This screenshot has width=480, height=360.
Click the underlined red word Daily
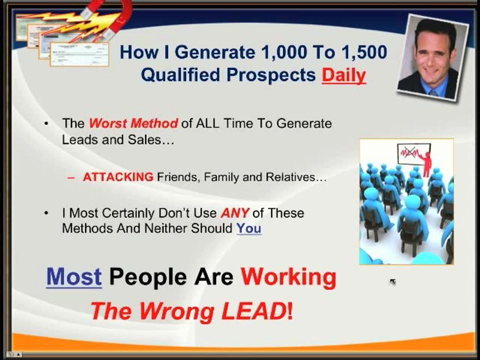pyautogui.click(x=343, y=75)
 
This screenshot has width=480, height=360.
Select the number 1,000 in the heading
pyautogui.click(x=283, y=52)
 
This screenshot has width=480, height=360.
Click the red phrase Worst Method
pyautogui.click(x=133, y=123)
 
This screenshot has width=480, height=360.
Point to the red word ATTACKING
pyautogui.click(x=118, y=177)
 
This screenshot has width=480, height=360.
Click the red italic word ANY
pyautogui.click(x=235, y=213)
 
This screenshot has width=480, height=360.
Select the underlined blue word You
pyautogui.click(x=248, y=228)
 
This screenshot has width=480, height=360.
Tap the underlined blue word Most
pyautogui.click(x=74, y=276)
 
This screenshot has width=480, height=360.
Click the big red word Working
pyautogui.click(x=288, y=277)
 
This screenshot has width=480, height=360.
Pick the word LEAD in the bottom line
pyautogui.click(x=254, y=311)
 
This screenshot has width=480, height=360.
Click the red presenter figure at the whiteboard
pyautogui.click(x=426, y=164)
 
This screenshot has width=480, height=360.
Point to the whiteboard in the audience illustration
pyautogui.click(x=413, y=154)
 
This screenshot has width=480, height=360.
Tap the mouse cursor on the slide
pyautogui.click(x=393, y=282)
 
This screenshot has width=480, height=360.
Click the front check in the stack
pyautogui.click(x=79, y=54)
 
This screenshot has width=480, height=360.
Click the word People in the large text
pyautogui.click(x=148, y=277)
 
